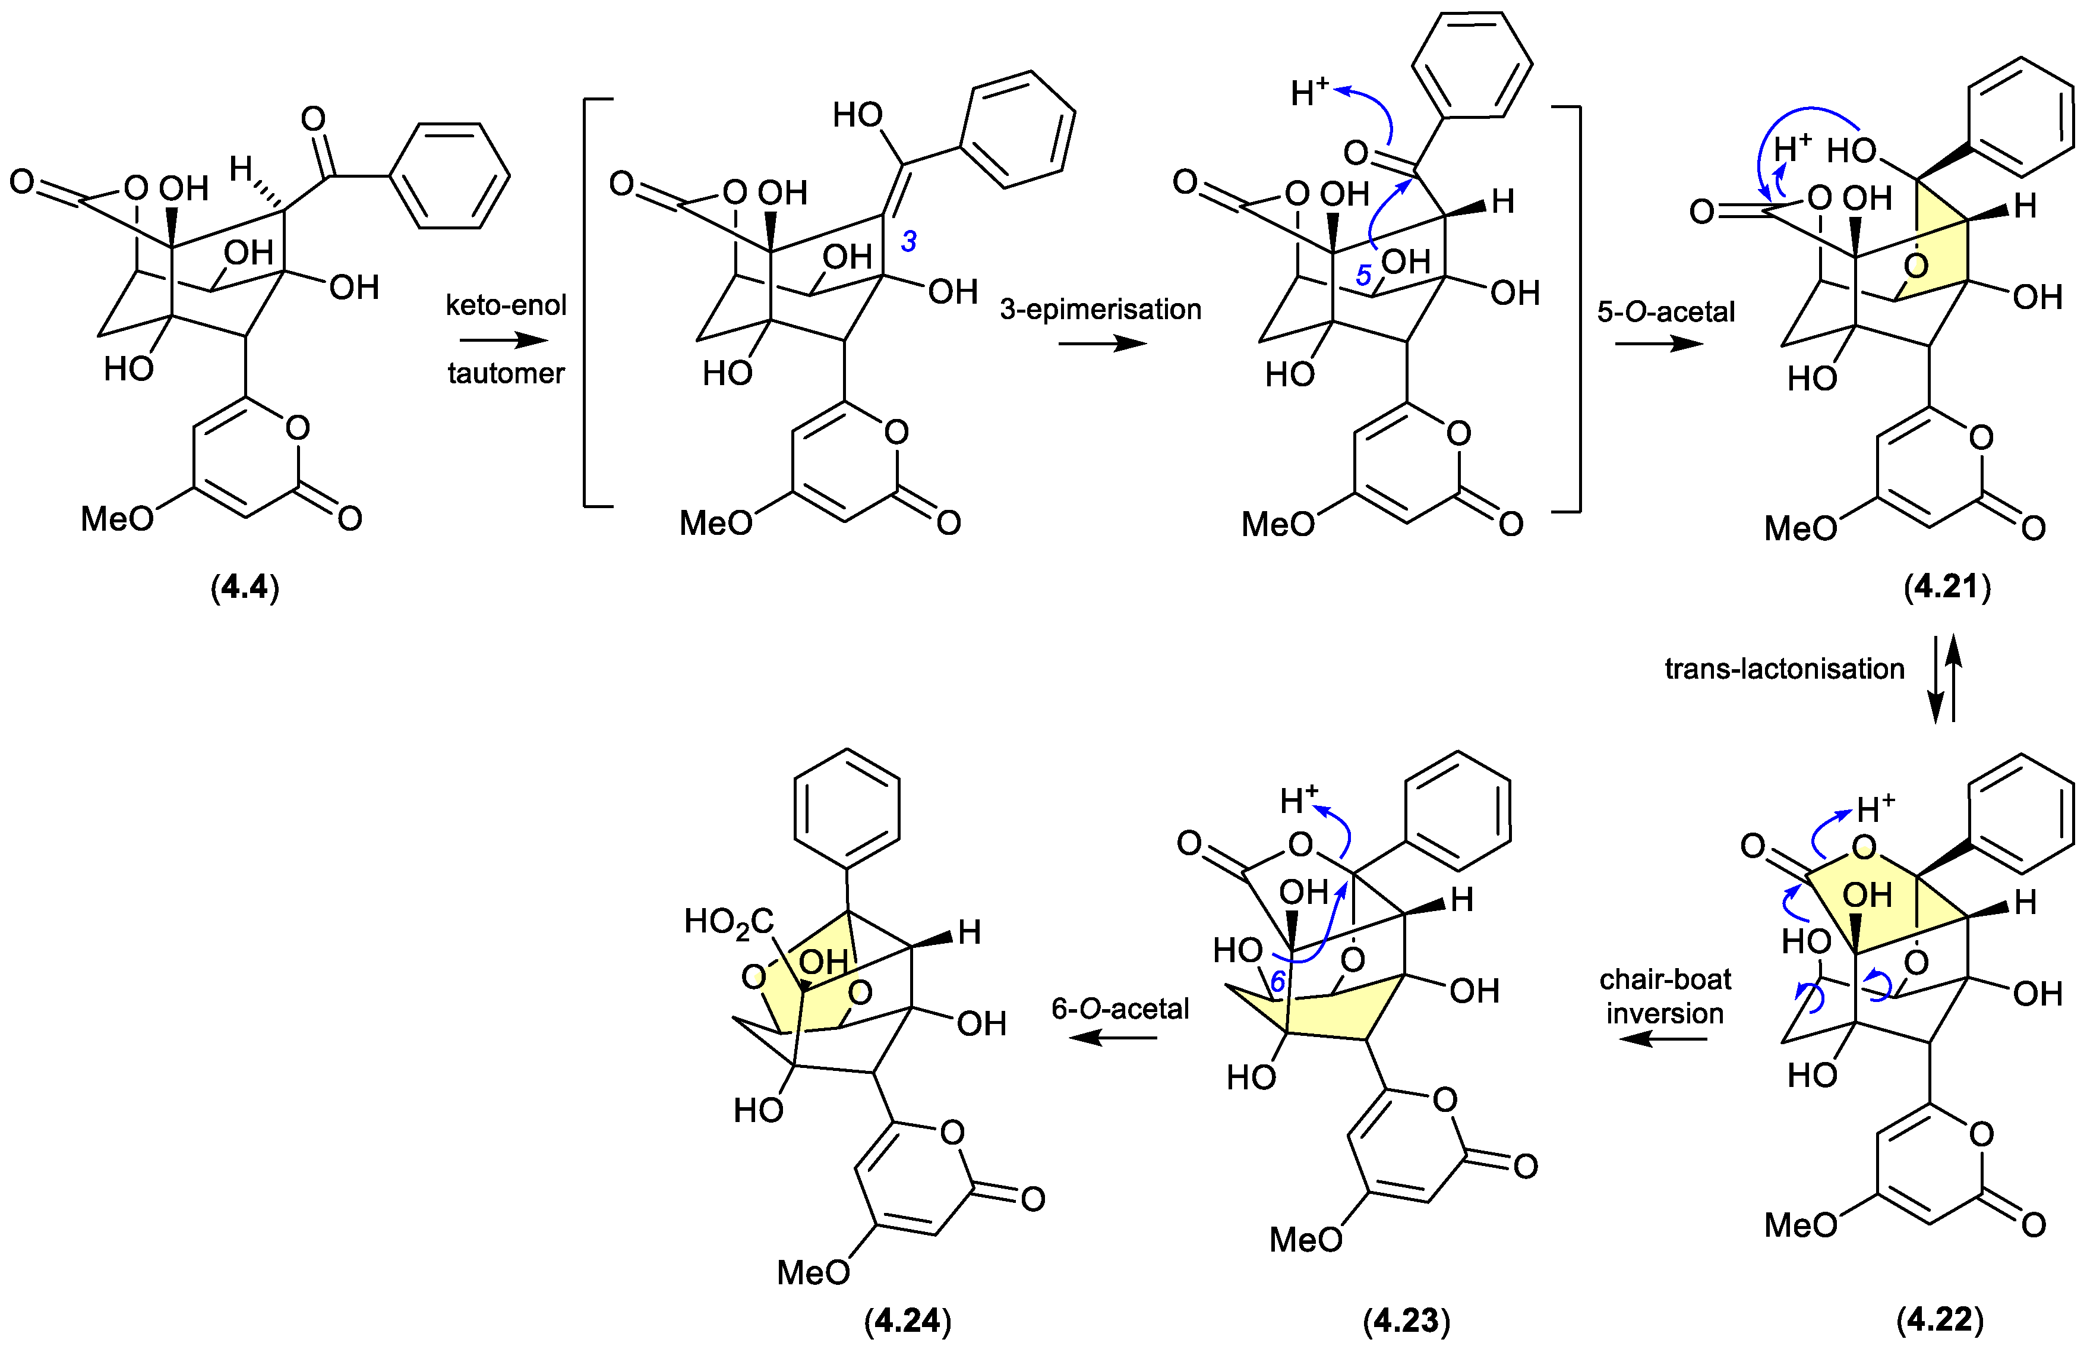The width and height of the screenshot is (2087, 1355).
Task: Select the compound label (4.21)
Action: coord(1947,587)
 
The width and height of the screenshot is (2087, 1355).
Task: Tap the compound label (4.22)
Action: coord(1940,1319)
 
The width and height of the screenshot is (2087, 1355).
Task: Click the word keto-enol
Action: coord(506,305)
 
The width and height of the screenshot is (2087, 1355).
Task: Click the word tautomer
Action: coord(506,374)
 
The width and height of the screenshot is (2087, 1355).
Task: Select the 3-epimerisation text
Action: coord(1100,310)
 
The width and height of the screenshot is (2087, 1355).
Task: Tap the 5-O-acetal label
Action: coord(1665,312)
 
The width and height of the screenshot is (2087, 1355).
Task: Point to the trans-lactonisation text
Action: coord(1785,669)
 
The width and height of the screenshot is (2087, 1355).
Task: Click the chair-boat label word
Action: coord(1665,979)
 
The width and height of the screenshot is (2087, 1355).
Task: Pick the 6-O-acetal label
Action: coord(1120,1009)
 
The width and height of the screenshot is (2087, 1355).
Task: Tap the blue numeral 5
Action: coord(1363,275)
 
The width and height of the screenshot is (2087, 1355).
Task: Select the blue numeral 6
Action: coord(1278,981)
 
